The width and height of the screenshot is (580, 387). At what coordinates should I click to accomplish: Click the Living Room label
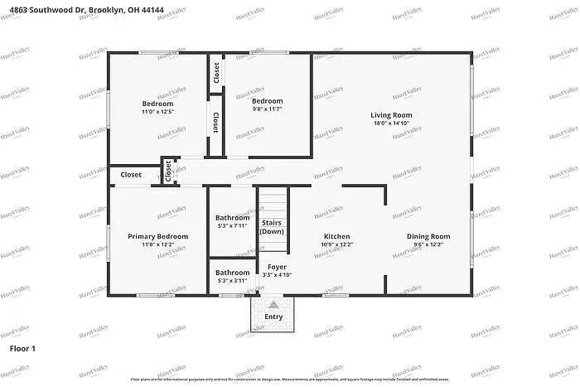click(x=391, y=115)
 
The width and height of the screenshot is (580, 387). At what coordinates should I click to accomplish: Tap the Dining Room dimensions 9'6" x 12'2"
click(x=428, y=245)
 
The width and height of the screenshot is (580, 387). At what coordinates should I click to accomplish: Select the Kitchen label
click(x=336, y=236)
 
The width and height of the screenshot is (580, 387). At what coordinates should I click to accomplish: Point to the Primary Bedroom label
click(x=157, y=236)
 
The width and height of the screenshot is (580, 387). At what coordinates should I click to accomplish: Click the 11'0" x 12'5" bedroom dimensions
click(x=157, y=111)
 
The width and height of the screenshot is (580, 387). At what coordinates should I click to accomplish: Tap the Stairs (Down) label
click(x=272, y=227)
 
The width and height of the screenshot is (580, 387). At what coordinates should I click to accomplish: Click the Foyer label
click(x=277, y=266)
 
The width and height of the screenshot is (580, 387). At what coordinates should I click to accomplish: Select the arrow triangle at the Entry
click(x=273, y=305)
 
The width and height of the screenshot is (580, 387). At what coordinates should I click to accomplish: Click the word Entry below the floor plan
click(x=273, y=317)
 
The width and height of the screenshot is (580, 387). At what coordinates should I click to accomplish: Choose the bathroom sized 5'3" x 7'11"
click(x=233, y=221)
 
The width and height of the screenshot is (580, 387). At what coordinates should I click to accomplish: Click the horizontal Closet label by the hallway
click(x=131, y=175)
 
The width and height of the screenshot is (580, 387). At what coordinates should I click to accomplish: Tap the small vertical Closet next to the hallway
click(x=168, y=172)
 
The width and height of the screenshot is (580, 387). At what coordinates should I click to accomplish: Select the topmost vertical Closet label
click(x=215, y=75)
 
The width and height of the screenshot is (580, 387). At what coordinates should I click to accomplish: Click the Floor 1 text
click(x=22, y=349)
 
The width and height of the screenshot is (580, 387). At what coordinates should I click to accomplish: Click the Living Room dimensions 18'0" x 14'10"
click(x=391, y=124)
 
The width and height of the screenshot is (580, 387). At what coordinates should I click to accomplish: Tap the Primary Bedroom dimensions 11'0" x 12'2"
click(x=157, y=245)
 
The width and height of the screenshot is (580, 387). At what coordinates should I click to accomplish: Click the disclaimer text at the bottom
click(x=290, y=380)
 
